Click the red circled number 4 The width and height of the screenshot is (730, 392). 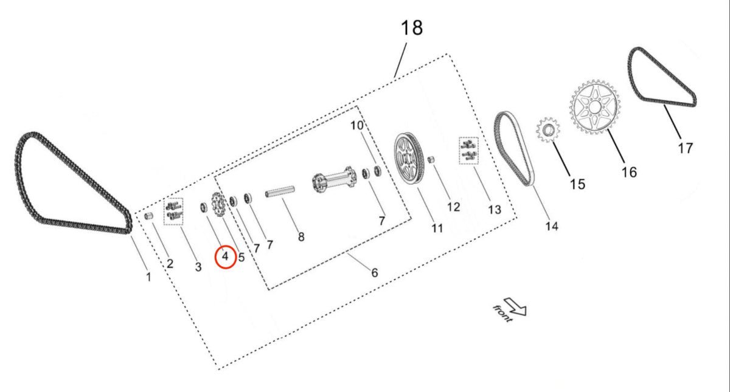click(x=225, y=256)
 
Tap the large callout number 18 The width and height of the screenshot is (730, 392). click(x=412, y=28)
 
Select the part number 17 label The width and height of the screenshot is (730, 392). click(x=686, y=148)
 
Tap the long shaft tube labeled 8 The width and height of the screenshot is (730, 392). click(x=279, y=193)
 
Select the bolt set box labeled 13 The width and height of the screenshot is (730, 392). click(x=468, y=151)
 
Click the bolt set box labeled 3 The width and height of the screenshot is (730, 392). click(x=173, y=211)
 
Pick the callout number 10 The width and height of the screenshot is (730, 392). click(x=357, y=126)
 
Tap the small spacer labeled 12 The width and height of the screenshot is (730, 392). click(x=431, y=159)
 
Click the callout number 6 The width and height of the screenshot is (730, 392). click(x=374, y=273)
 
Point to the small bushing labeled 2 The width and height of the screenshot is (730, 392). click(x=148, y=216)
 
